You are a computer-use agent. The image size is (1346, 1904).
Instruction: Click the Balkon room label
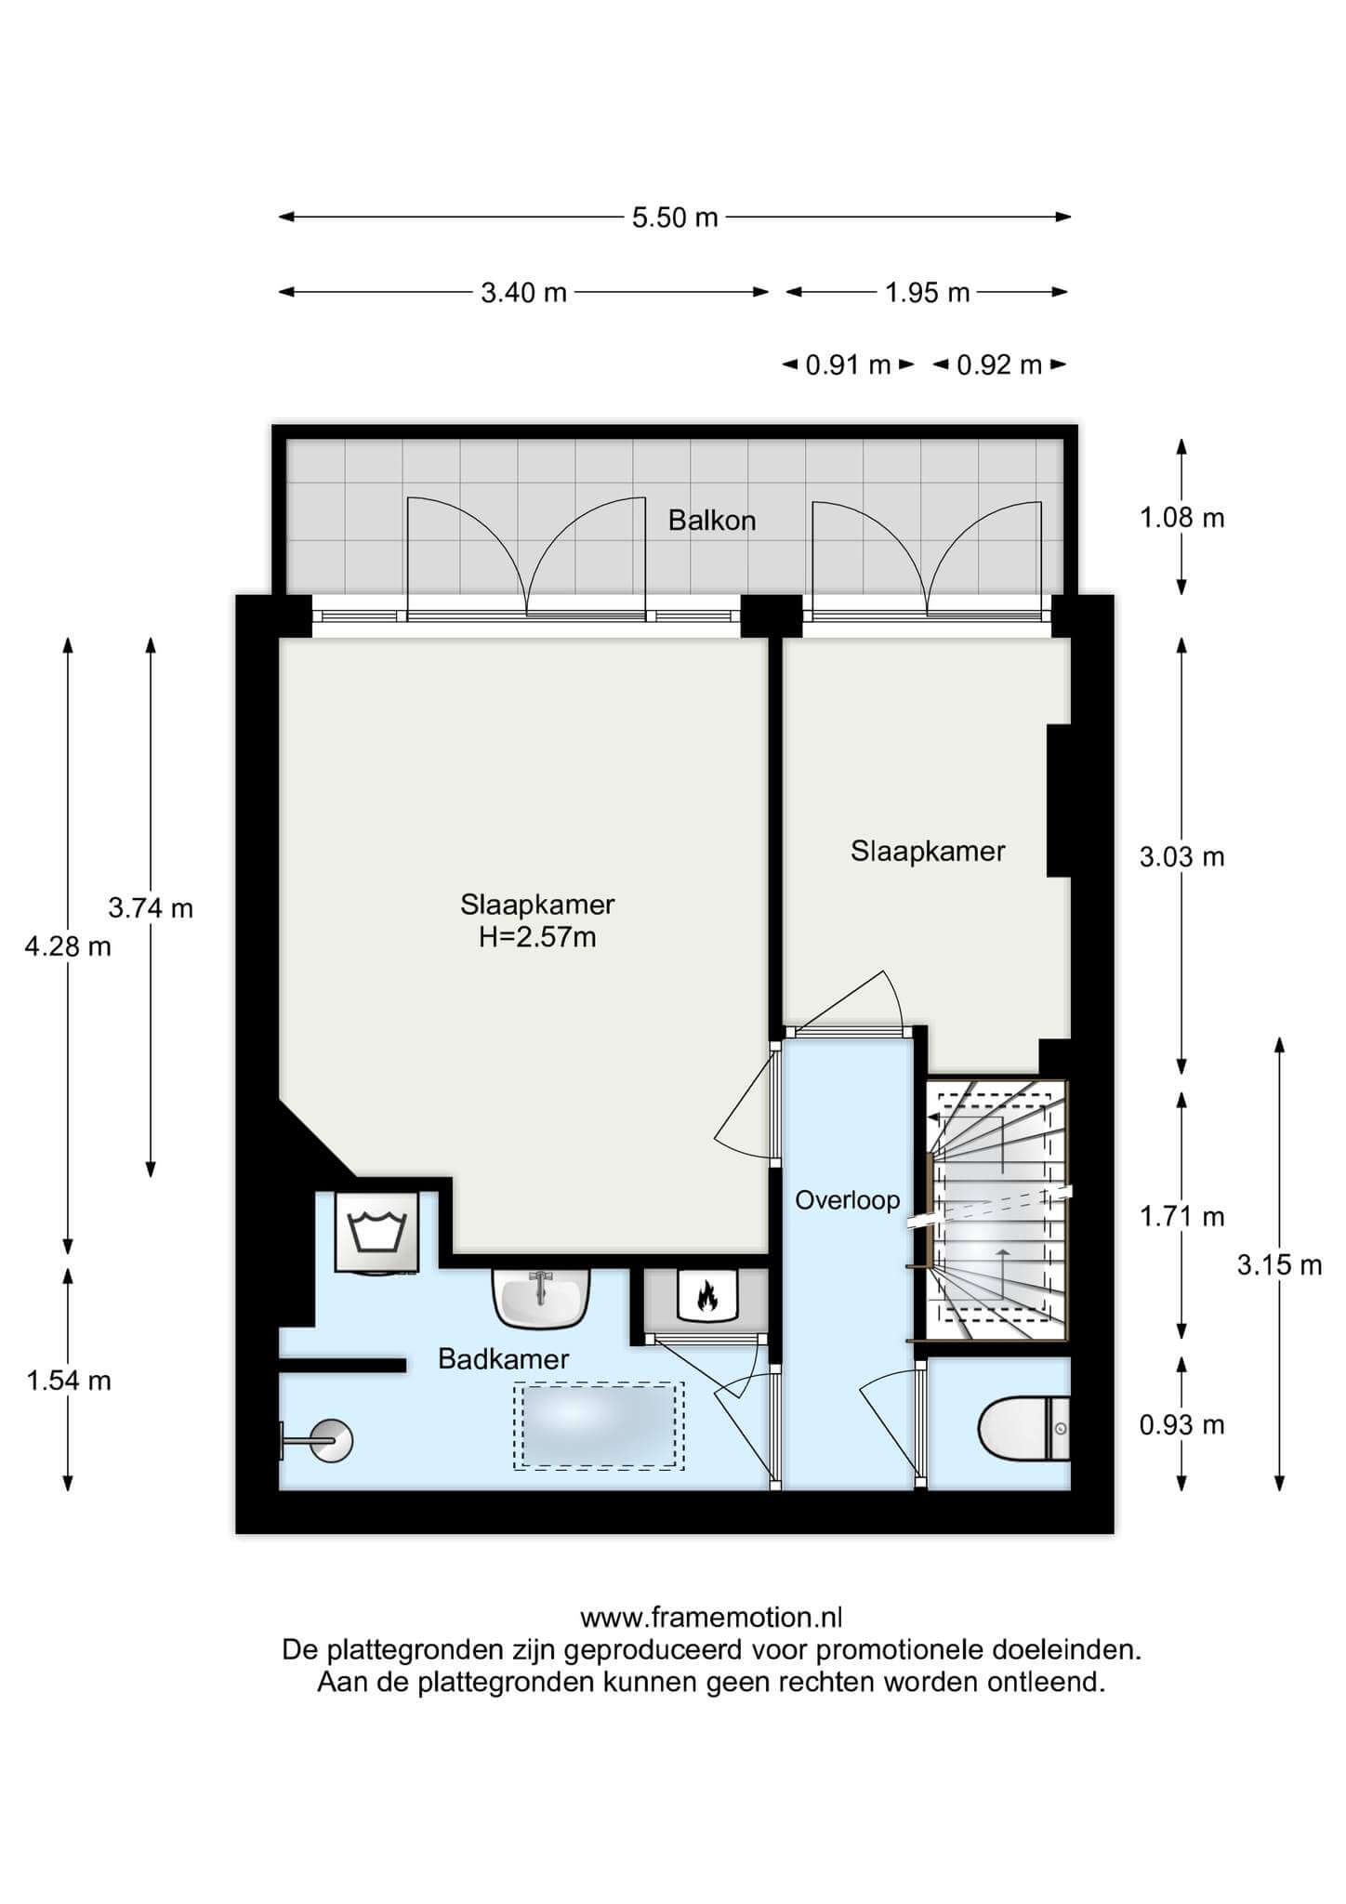[x=712, y=521]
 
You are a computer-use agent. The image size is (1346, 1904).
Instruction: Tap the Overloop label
[x=847, y=1200]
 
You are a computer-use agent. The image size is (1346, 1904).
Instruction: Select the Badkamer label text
[x=503, y=1359]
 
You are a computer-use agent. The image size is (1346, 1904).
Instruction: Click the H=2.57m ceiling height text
[x=537, y=937]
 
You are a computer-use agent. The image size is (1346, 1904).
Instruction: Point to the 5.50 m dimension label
[x=675, y=218]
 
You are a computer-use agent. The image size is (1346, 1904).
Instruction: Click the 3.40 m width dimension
[x=523, y=293]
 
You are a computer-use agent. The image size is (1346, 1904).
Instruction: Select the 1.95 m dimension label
[x=927, y=293]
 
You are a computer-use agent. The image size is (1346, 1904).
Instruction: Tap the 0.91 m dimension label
[x=848, y=365]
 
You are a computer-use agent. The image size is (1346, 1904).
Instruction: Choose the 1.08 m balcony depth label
[x=1182, y=518]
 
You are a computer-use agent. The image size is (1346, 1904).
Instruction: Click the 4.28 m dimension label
[x=68, y=947]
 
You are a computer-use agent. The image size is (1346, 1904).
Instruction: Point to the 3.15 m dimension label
[x=1279, y=1264]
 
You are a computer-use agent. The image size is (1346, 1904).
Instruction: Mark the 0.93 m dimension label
[x=1182, y=1424]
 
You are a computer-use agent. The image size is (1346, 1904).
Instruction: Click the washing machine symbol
[x=376, y=1232]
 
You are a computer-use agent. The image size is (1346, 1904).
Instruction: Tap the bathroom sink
[x=542, y=1299]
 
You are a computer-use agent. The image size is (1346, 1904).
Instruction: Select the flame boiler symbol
[x=706, y=1294]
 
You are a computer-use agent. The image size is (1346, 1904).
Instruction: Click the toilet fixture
[x=1024, y=1427]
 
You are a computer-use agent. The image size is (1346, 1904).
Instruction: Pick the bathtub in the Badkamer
[x=599, y=1426]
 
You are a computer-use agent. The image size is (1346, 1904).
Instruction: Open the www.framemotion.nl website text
[x=711, y=1619]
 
